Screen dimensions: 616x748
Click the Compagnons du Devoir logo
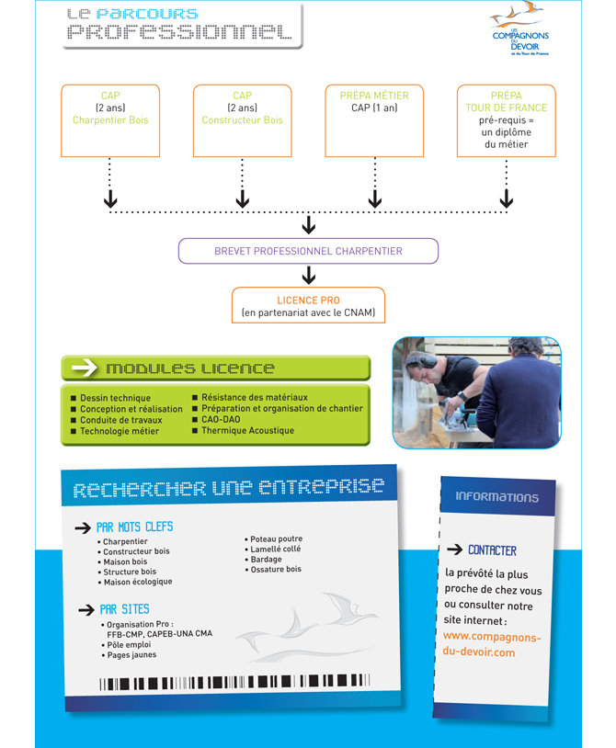click(x=519, y=28)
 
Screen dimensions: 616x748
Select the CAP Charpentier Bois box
click(x=110, y=120)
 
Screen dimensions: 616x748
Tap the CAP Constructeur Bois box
click(x=243, y=120)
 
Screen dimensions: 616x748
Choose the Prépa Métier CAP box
click(x=374, y=120)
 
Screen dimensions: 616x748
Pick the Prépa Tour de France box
click(x=507, y=120)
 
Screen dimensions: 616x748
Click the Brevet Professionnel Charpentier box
click(x=308, y=251)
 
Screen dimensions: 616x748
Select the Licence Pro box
click(x=308, y=305)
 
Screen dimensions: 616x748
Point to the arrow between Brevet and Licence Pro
click(x=309, y=276)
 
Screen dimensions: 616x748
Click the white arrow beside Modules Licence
click(x=84, y=368)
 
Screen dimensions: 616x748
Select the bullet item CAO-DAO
click(x=216, y=419)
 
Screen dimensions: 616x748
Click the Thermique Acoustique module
click(x=244, y=430)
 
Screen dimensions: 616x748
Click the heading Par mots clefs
click(x=134, y=527)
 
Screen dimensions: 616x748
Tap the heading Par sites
click(x=124, y=609)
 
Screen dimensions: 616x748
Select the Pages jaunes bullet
click(x=129, y=655)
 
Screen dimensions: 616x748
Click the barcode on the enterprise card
click(x=234, y=682)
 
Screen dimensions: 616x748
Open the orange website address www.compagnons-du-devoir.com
click(x=492, y=644)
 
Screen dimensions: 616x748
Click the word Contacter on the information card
click(x=492, y=550)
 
